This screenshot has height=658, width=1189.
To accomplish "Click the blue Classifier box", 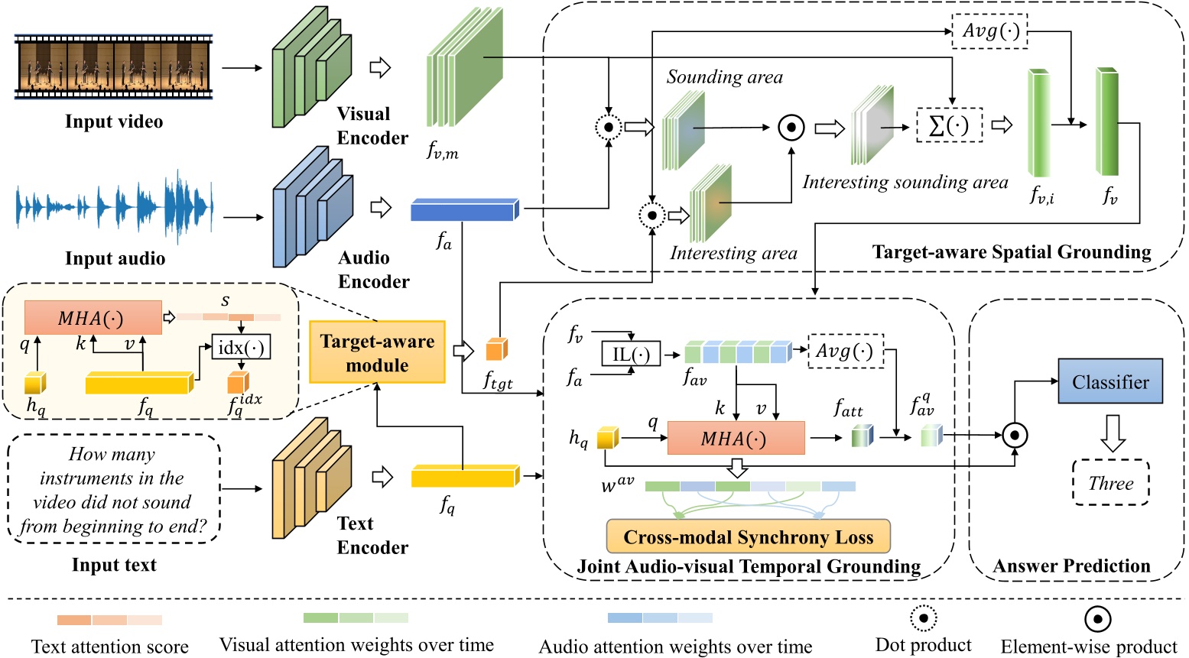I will [1109, 381].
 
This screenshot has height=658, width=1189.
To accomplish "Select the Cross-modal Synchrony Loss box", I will [748, 536].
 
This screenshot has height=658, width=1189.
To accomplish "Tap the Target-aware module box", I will [377, 352].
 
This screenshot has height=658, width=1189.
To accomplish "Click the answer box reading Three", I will [1110, 483].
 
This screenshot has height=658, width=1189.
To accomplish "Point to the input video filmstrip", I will [113, 66].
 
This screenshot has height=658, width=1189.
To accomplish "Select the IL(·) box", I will [631, 354].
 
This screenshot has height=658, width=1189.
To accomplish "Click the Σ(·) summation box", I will [949, 125].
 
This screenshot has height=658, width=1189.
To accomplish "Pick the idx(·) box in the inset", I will [241, 348].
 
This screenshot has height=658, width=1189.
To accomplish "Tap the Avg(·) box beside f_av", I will [845, 351].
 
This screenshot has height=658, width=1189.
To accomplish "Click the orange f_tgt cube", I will [496, 350].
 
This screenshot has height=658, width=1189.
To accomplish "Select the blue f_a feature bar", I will [464, 209].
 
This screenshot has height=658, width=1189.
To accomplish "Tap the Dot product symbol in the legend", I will [923, 618].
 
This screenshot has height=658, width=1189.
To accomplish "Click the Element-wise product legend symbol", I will [1097, 619].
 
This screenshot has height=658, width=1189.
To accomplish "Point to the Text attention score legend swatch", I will [109, 620].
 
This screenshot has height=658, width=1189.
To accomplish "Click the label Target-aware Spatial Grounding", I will [1011, 252].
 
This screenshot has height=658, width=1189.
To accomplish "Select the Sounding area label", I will [724, 77].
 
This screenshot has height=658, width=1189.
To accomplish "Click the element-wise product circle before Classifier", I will [1014, 436].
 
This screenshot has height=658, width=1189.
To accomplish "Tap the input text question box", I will [113, 489].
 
